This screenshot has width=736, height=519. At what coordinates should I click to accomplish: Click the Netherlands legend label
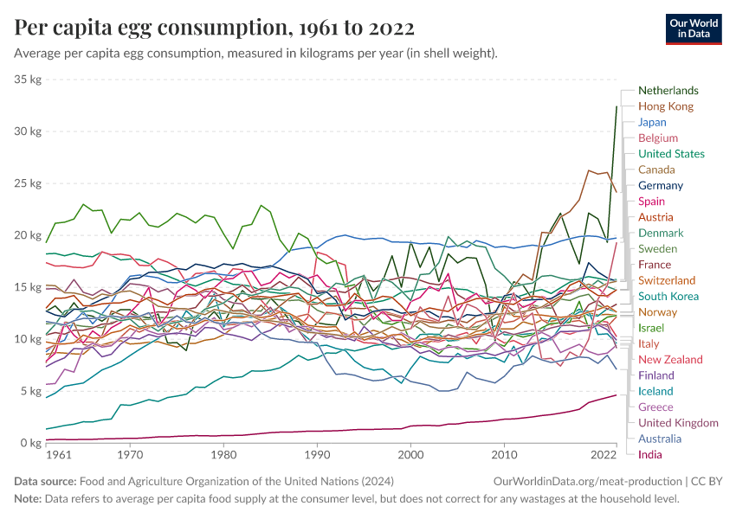pyautogui.click(x=668, y=91)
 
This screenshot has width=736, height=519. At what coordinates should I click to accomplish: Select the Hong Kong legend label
pyautogui.click(x=665, y=106)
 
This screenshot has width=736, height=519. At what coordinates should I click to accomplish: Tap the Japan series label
pyautogui.click(x=652, y=122)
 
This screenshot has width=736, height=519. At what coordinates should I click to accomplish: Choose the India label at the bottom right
pyautogui.click(x=650, y=454)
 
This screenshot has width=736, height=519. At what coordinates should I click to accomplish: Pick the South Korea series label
pyautogui.click(x=668, y=296)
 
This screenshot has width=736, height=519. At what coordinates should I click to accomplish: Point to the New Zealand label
pyautogui.click(x=670, y=359)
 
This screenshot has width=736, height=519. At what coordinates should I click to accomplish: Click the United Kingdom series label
pyautogui.click(x=678, y=423)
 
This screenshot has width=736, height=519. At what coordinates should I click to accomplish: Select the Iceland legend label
pyautogui.click(x=655, y=391)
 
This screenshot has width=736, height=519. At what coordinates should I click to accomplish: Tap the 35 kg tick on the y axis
pyautogui.click(x=29, y=80)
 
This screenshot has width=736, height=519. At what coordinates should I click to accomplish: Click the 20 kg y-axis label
pyautogui.click(x=29, y=235)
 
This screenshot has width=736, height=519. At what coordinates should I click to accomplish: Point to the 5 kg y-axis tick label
pyautogui.click(x=31, y=391)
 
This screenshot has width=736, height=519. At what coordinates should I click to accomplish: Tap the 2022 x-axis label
pyautogui.click(x=603, y=454)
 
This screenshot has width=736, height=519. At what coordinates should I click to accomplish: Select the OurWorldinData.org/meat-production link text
pyautogui.click(x=585, y=481)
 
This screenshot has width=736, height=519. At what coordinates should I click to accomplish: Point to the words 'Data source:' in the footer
pyautogui.click(x=45, y=481)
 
